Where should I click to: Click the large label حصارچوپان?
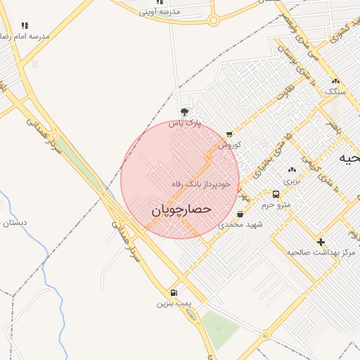tap(181, 210)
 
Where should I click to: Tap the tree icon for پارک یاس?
tap(184, 111)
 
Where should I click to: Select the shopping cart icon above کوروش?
tap(229, 134)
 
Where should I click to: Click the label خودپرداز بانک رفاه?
tap(202, 184)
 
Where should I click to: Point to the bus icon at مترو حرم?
tap(275, 194)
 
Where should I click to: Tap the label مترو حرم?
tap(276, 205)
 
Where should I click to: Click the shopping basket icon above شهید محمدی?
tap(240, 214)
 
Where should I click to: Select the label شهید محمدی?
tap(240, 225)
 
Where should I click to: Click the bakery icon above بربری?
tap(292, 169)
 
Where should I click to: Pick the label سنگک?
tap(335, 91)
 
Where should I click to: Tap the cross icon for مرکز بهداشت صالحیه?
tap(321, 241)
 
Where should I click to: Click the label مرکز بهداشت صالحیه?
tap(321, 252)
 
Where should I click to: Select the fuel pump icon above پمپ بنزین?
tap(174, 292)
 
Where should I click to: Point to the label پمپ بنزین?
tap(174, 304)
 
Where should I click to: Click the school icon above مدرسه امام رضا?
tap(25, 25)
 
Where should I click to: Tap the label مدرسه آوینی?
tap(160, 12)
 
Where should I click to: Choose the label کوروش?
tap(229, 145)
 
